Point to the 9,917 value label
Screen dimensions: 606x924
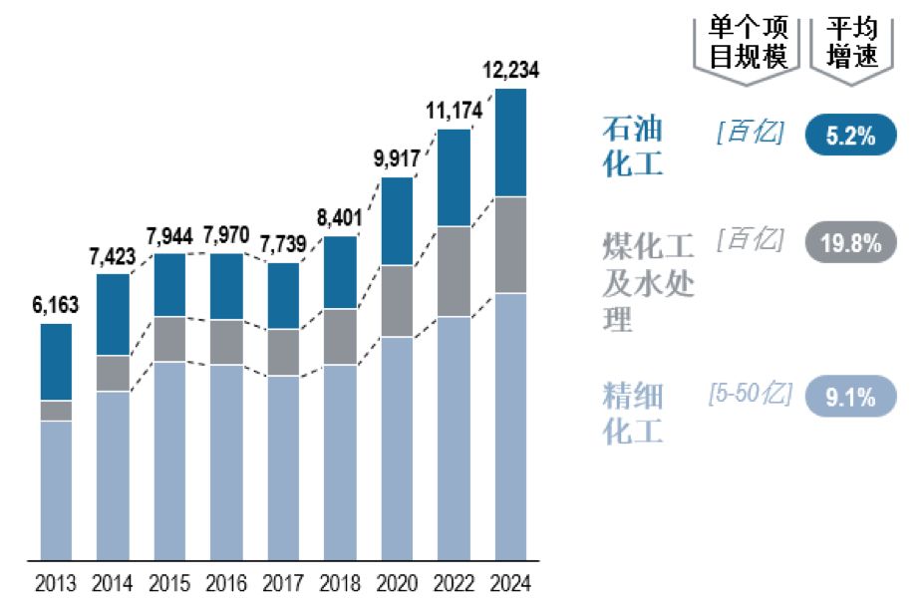[x=397, y=159]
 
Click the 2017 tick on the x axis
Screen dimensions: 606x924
[x=283, y=582]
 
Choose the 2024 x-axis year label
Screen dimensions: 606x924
[x=510, y=582]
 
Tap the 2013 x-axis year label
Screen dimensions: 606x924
[x=56, y=582]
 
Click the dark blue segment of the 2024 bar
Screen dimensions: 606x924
[x=510, y=143]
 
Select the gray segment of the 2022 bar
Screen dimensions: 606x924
[x=454, y=271]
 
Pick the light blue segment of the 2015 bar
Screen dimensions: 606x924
[x=169, y=459]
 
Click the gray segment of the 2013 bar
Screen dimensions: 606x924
[x=56, y=411]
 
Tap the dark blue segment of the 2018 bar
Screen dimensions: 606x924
[x=340, y=272]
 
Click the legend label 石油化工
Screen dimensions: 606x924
[x=633, y=146]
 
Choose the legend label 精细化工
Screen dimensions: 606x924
[x=633, y=413]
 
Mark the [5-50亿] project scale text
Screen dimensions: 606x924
[x=750, y=394]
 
